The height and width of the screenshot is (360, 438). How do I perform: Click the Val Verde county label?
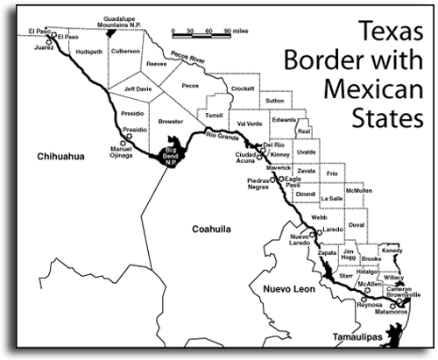(250, 124)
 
